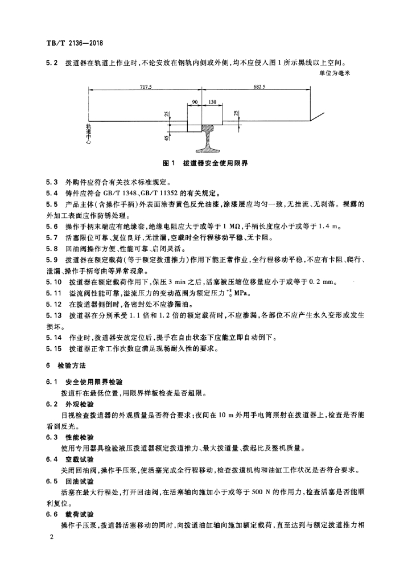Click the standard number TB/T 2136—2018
[74, 43]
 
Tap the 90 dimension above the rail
[195, 102]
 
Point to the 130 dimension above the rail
[212, 102]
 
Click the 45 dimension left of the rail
[166, 137]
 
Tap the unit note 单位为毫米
[353, 73]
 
